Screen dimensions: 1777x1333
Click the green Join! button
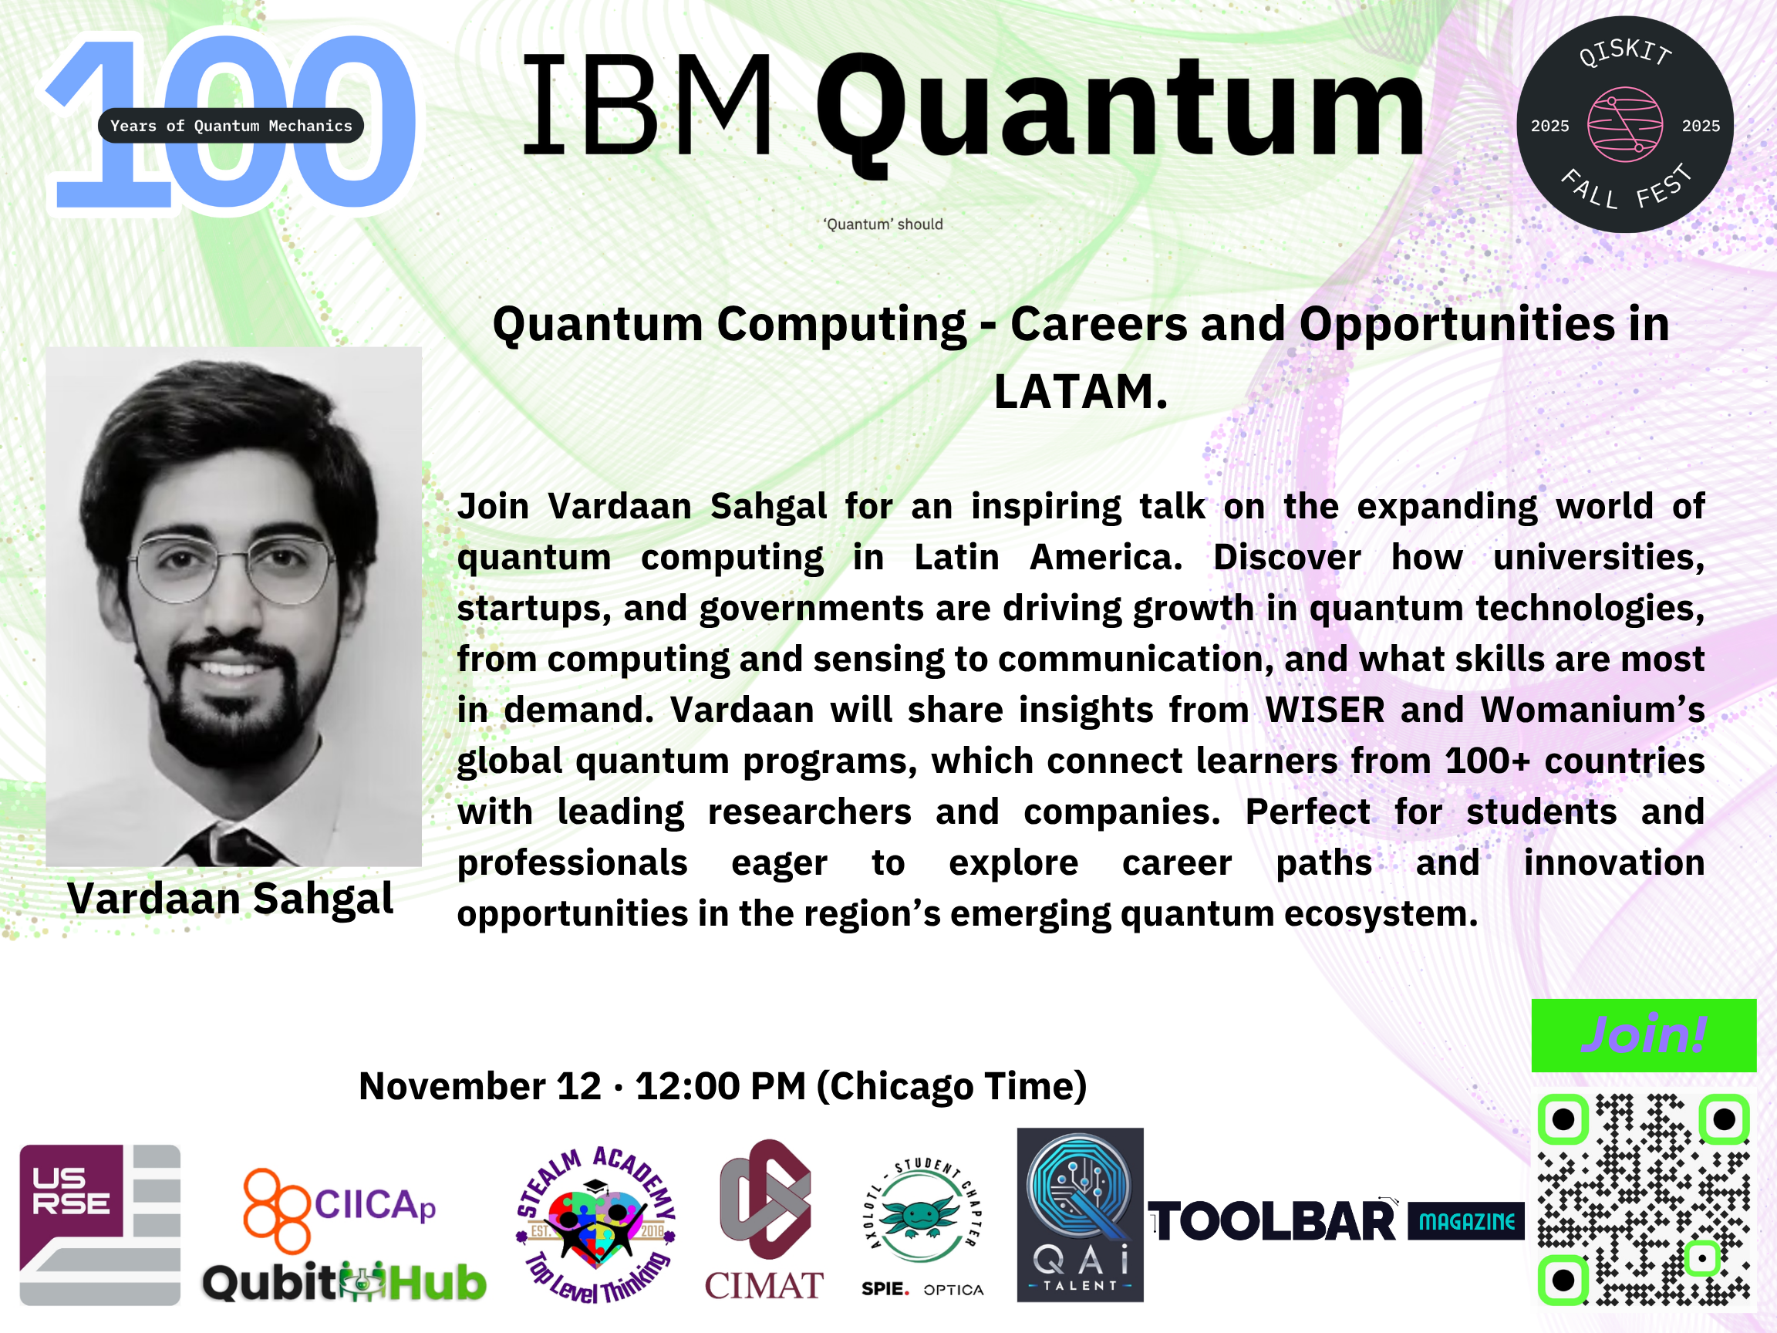point(1644,1035)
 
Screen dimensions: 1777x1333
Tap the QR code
point(1644,1200)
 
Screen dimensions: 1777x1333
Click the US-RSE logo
point(99,1224)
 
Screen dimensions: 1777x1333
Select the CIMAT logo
point(764,1220)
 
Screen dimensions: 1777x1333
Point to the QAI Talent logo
point(1080,1214)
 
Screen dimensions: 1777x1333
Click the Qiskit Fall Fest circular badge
point(1625,124)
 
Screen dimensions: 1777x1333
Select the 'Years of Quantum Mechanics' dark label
point(231,125)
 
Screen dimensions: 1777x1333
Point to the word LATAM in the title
point(1081,391)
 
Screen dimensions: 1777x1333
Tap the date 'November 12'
point(480,1086)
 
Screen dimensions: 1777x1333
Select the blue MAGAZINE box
point(1466,1221)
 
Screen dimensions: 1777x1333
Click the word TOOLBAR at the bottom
point(1273,1221)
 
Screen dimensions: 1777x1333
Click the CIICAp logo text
point(375,1205)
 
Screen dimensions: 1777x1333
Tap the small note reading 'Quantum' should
point(883,224)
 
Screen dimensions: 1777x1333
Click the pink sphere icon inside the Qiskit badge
point(1625,124)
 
